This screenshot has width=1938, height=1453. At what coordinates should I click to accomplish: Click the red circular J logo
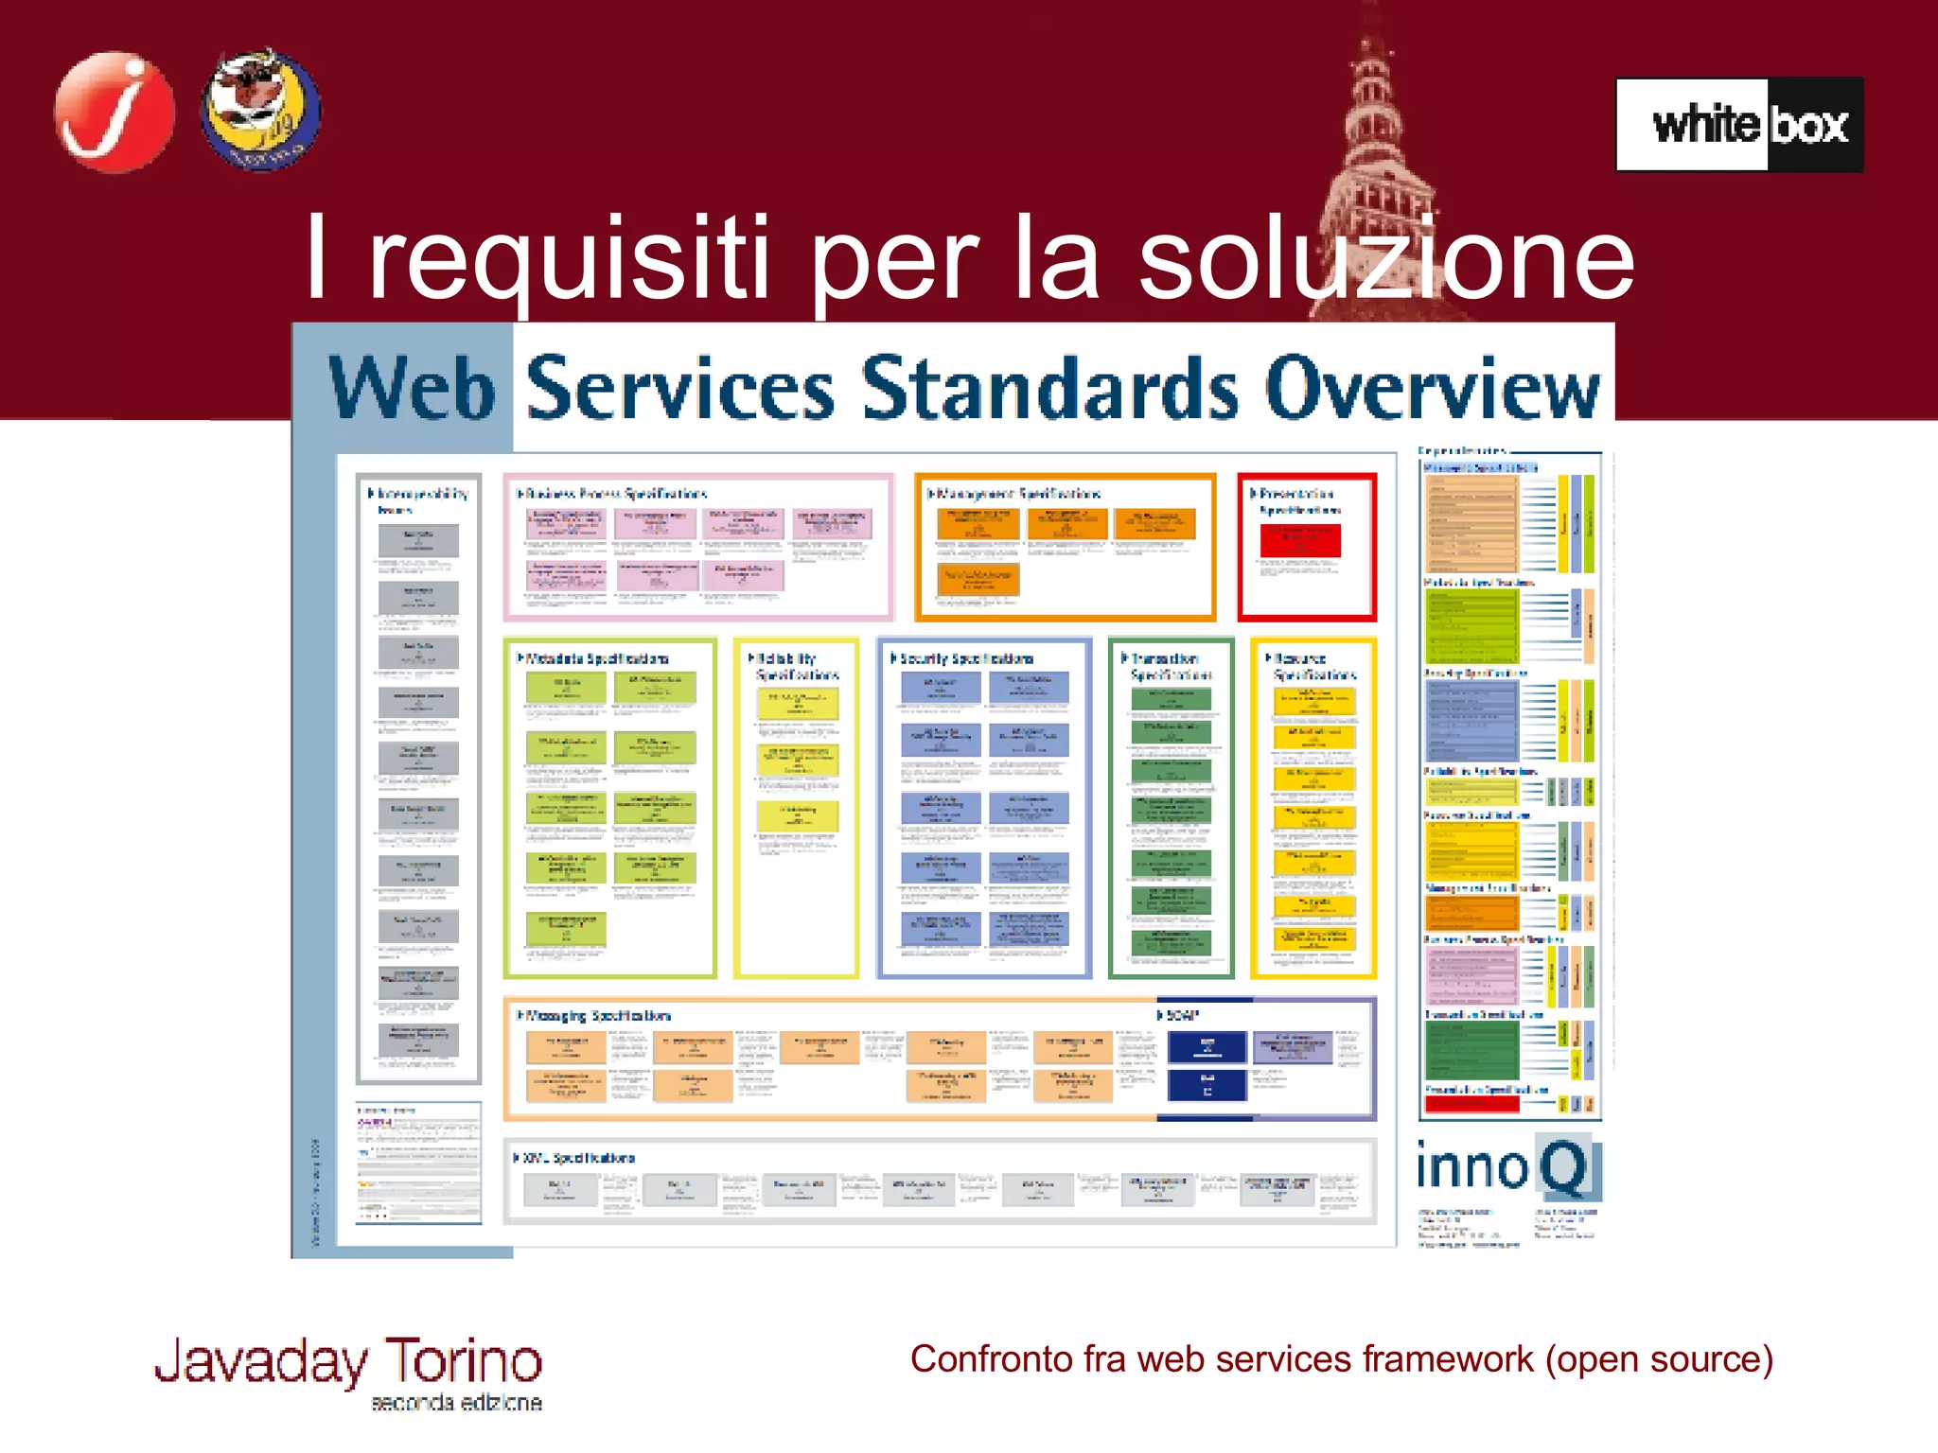point(114,112)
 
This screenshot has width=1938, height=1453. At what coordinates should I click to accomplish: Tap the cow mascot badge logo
point(260,110)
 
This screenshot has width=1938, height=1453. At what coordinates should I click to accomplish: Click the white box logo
point(1739,125)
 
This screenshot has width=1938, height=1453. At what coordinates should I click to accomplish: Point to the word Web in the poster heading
point(412,388)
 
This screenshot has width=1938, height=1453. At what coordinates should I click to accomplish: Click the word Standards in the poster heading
point(1050,388)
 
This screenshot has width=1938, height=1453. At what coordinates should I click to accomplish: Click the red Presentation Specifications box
point(1307,548)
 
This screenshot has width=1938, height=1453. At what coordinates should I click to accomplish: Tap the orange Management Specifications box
point(1066,548)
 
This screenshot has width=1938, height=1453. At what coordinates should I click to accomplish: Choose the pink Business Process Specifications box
point(698,548)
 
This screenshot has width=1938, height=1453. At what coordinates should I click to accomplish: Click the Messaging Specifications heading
point(597,1016)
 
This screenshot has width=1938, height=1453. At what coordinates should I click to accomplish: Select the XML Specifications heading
point(578,1158)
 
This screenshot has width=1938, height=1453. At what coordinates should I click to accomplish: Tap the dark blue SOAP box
point(1207,1047)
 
